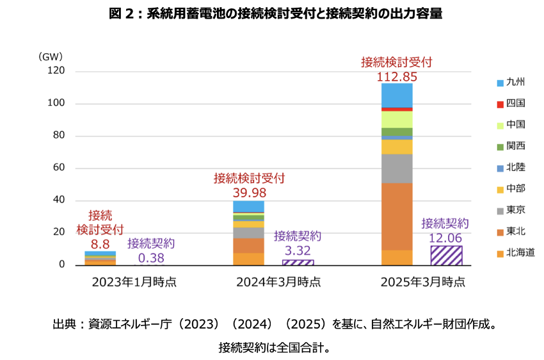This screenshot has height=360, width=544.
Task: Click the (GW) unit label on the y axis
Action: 50,56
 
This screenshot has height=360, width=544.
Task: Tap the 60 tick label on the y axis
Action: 59,168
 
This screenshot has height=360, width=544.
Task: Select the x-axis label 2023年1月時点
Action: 134,282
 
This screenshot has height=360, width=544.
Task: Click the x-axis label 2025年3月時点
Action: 422,282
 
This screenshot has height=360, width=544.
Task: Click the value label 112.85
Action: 397,77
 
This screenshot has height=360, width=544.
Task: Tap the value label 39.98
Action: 249,193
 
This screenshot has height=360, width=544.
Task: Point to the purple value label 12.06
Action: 445,238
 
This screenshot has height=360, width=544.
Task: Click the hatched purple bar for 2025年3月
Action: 446,255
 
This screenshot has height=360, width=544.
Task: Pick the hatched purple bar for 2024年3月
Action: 298,262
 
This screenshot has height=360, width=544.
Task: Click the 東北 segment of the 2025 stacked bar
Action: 397,216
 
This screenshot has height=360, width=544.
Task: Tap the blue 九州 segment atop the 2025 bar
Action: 397,95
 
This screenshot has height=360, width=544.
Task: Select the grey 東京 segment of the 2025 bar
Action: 397,168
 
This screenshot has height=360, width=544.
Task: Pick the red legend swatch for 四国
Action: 500,104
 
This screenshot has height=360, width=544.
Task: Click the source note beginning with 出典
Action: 275,324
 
